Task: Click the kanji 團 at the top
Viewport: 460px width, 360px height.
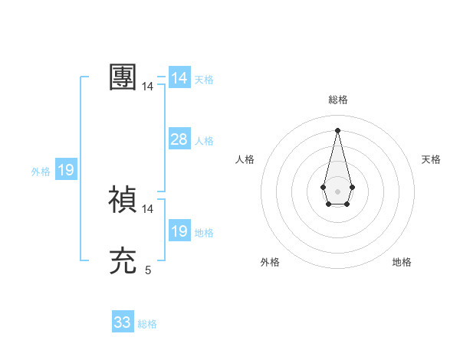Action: [x=123, y=77]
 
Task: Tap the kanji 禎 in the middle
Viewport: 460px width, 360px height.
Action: [x=123, y=200]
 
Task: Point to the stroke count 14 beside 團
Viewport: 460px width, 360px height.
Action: [x=148, y=87]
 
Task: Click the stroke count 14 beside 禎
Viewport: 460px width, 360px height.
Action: [x=148, y=208]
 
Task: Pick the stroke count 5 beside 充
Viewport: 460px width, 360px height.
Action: [x=148, y=270]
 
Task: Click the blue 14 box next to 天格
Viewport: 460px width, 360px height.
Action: [x=179, y=78]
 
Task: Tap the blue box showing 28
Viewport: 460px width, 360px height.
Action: [x=179, y=139]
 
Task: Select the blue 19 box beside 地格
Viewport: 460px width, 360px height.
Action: [x=179, y=231]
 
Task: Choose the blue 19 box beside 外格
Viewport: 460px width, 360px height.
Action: [x=66, y=170]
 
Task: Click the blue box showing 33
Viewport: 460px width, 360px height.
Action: [x=123, y=322]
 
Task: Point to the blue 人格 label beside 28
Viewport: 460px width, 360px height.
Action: [x=204, y=141]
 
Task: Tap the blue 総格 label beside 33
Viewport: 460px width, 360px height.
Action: [x=147, y=324]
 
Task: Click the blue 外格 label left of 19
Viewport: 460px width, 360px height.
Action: [x=41, y=172]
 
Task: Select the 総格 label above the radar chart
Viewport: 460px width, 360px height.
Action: [x=338, y=100]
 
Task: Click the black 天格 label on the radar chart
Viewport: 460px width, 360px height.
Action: [x=432, y=159]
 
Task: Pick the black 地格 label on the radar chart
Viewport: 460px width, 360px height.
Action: [x=402, y=262]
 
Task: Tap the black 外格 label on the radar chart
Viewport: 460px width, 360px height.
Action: [x=270, y=262]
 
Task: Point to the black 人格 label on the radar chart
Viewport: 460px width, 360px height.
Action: [x=245, y=159]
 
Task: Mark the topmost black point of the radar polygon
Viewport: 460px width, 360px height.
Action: [x=337, y=129]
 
